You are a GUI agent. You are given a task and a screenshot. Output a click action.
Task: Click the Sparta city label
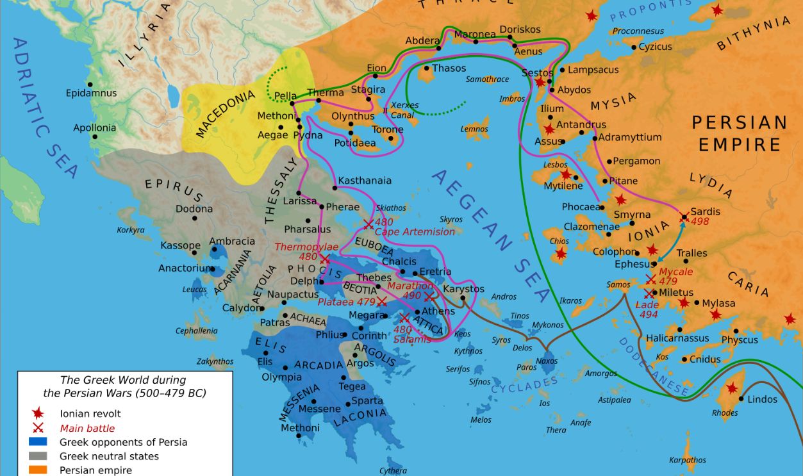(x=368, y=401)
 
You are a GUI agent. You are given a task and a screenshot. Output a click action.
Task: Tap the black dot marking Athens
(x=417, y=312)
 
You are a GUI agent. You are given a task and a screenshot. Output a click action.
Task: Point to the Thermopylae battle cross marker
(x=324, y=259)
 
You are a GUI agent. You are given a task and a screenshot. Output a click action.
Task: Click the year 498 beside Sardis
(x=700, y=222)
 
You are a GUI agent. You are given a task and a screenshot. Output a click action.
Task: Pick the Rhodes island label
(x=725, y=413)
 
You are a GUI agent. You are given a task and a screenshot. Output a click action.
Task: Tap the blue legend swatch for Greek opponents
(x=38, y=441)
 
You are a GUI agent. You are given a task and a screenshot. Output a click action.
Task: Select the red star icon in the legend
(x=38, y=414)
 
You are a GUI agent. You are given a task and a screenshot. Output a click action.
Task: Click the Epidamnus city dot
(x=90, y=84)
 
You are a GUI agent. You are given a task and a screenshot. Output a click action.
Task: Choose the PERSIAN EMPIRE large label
(x=740, y=133)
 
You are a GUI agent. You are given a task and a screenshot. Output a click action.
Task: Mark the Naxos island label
(x=547, y=361)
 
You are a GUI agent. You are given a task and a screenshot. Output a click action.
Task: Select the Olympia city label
(x=281, y=377)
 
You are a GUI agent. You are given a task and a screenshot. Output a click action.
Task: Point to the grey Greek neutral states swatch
(x=38, y=456)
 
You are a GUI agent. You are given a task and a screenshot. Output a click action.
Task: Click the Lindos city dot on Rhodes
(x=741, y=398)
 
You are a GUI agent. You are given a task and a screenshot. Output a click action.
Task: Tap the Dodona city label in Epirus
(x=194, y=209)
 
